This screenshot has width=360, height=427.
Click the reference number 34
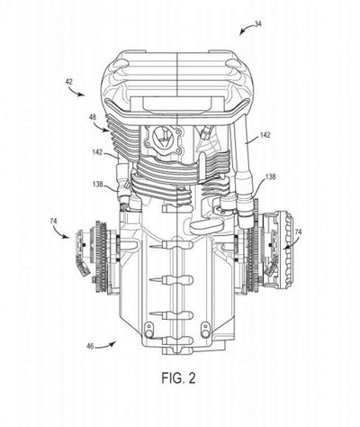257,23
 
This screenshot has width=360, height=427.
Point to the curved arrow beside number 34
246,29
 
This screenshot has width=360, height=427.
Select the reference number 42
68,81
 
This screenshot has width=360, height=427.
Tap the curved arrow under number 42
76,92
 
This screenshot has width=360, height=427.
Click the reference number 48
93,117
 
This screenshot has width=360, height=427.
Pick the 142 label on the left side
98,152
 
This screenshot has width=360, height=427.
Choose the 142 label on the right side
265,135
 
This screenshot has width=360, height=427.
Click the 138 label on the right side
270,177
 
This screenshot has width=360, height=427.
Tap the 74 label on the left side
53,222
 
